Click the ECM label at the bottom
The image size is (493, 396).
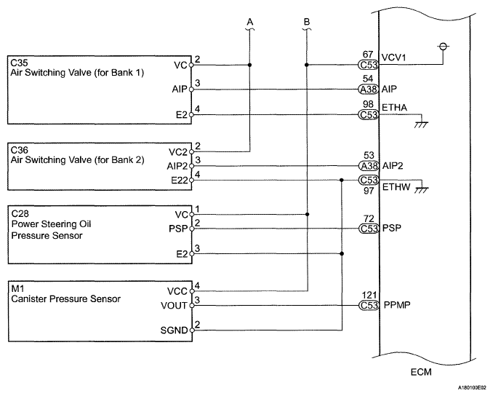[x=421, y=372]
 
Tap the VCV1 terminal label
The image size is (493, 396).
[x=393, y=58]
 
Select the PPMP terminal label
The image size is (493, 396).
[x=397, y=305]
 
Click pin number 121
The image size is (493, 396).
[x=369, y=296]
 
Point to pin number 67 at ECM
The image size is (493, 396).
[x=368, y=55]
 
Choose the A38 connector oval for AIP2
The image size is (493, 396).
[x=369, y=166]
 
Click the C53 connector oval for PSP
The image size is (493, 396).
[x=369, y=229]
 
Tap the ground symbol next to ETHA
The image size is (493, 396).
[x=421, y=124]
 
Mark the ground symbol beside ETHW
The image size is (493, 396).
[x=422, y=190]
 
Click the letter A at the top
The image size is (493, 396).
[x=250, y=22]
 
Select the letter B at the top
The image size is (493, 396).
[x=307, y=22]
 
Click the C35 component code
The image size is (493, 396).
[x=20, y=62]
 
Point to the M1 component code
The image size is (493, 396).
[x=17, y=288]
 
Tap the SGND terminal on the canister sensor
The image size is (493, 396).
[x=174, y=330]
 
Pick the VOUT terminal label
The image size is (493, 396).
[x=174, y=306]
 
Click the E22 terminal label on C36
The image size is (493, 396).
[x=179, y=181]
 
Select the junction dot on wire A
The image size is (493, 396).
[x=250, y=66]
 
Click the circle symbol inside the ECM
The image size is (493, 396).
[x=443, y=47]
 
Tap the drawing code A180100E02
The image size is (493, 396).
[x=474, y=387]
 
